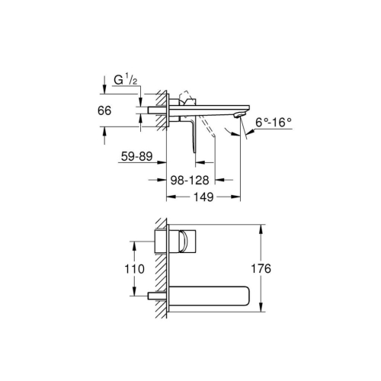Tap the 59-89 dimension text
(x=138, y=158)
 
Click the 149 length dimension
(x=203, y=196)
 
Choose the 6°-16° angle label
(x=274, y=120)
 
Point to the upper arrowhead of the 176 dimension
(x=261, y=226)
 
